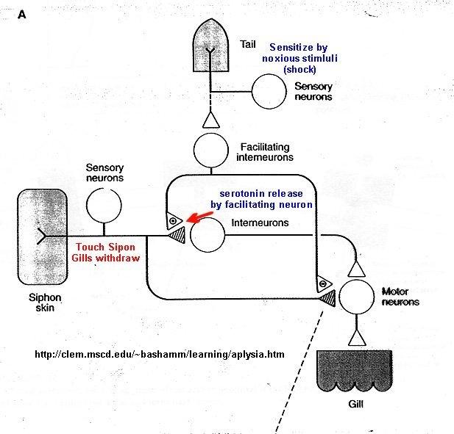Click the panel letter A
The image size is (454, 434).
pos(21,14)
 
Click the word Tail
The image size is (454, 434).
pos(249,43)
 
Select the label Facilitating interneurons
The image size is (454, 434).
pos(266,151)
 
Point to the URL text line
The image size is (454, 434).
pos(159,355)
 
